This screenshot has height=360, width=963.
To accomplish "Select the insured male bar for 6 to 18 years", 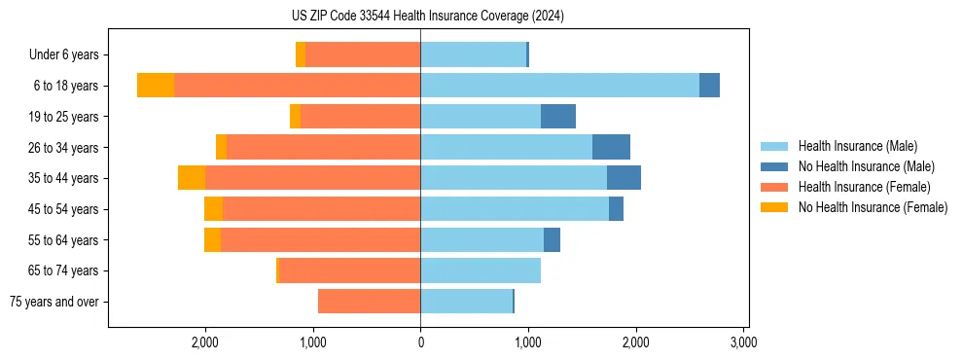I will click(x=559, y=86).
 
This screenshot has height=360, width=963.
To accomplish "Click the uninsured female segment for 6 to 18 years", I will click(x=156, y=86).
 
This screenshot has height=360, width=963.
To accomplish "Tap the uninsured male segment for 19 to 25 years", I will click(x=558, y=117).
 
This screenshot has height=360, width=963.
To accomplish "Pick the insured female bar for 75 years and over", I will click(x=369, y=302).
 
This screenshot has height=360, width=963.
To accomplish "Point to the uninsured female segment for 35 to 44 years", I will click(x=192, y=178).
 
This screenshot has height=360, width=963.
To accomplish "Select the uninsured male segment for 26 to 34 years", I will click(x=611, y=147).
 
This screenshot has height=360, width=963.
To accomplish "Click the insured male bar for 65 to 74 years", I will click(x=481, y=270).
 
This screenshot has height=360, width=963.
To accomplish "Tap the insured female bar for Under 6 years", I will click(x=363, y=54).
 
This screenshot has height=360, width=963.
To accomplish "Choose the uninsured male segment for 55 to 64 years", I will click(x=552, y=239).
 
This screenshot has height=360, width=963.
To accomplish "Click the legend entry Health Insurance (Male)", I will click(x=857, y=146).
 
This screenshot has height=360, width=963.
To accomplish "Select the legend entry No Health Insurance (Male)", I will click(x=866, y=166).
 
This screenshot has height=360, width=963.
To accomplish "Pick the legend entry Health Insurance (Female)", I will click(x=864, y=187).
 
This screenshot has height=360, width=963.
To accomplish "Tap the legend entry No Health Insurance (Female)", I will click(x=873, y=207).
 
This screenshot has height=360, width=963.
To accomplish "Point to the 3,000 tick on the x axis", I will click(x=744, y=342).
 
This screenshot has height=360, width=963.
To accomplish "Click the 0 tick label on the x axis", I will click(x=420, y=342).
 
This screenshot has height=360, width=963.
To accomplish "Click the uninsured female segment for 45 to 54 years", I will click(x=213, y=209).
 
